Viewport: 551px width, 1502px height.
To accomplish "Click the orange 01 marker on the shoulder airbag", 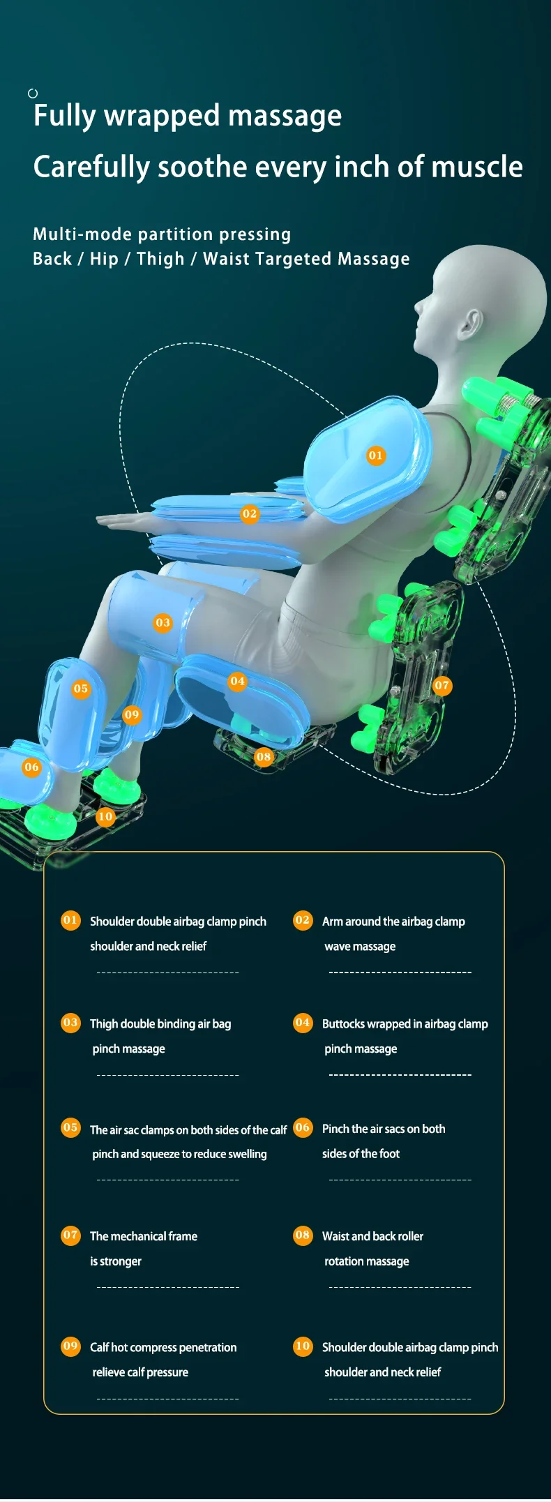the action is [375, 456].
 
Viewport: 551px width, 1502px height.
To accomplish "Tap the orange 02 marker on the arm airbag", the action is [250, 514].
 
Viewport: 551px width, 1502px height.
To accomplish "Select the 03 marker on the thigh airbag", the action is [163, 622].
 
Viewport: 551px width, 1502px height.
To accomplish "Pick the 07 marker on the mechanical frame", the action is [442, 685].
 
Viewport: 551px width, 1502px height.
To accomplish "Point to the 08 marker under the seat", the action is [263, 756].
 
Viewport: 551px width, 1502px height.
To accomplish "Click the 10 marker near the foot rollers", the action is [105, 816].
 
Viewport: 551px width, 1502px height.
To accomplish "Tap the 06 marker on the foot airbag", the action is [31, 767].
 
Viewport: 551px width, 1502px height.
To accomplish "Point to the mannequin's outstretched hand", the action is [119, 520].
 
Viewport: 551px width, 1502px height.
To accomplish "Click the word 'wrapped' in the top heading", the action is [162, 116].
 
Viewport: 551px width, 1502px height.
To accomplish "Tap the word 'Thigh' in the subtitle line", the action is [160, 259].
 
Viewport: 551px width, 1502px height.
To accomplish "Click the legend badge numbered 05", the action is [70, 1127].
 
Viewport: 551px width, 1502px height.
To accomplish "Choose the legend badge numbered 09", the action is [70, 1346].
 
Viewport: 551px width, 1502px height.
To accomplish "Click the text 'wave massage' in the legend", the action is [360, 947].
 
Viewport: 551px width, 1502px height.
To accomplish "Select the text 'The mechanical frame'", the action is [144, 1236].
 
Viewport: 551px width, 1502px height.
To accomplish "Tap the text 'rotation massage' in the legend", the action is [367, 1261].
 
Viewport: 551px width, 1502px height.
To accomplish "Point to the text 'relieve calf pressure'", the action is [140, 1372].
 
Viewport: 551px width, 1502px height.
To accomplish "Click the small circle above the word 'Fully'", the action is [33, 93].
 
